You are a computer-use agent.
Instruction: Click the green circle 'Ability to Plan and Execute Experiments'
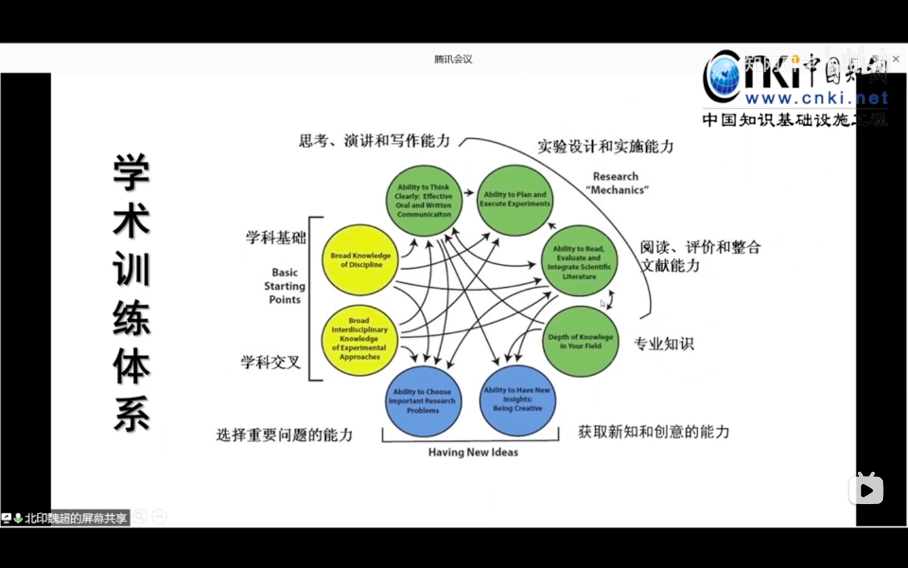[x=515, y=200]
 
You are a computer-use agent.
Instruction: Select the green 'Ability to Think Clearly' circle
[x=424, y=201]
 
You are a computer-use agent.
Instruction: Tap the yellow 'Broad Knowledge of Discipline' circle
[x=361, y=260]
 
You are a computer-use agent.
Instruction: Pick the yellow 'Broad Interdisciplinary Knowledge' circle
[x=359, y=339]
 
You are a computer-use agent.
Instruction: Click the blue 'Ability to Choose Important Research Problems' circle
[x=422, y=401]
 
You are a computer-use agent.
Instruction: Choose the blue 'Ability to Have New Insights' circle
[x=518, y=400]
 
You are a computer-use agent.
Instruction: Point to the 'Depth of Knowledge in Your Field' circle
[x=581, y=341]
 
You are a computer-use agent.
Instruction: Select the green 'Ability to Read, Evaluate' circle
[x=579, y=262]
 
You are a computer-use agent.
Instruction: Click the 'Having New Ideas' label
[x=473, y=452]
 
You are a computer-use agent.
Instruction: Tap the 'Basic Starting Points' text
[x=284, y=286]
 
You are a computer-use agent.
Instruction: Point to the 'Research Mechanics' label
[x=616, y=183]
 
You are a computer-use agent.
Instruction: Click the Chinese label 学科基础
[x=276, y=237]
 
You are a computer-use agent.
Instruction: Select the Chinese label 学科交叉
[x=271, y=362]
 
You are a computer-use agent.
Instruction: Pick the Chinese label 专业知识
[x=663, y=344]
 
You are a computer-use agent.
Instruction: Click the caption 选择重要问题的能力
[x=284, y=435]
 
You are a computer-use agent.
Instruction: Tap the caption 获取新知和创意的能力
[x=654, y=432]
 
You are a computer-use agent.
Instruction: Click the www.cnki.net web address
[x=816, y=98]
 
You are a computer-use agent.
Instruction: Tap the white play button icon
[x=866, y=490]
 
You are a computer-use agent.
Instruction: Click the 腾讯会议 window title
[x=453, y=59]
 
